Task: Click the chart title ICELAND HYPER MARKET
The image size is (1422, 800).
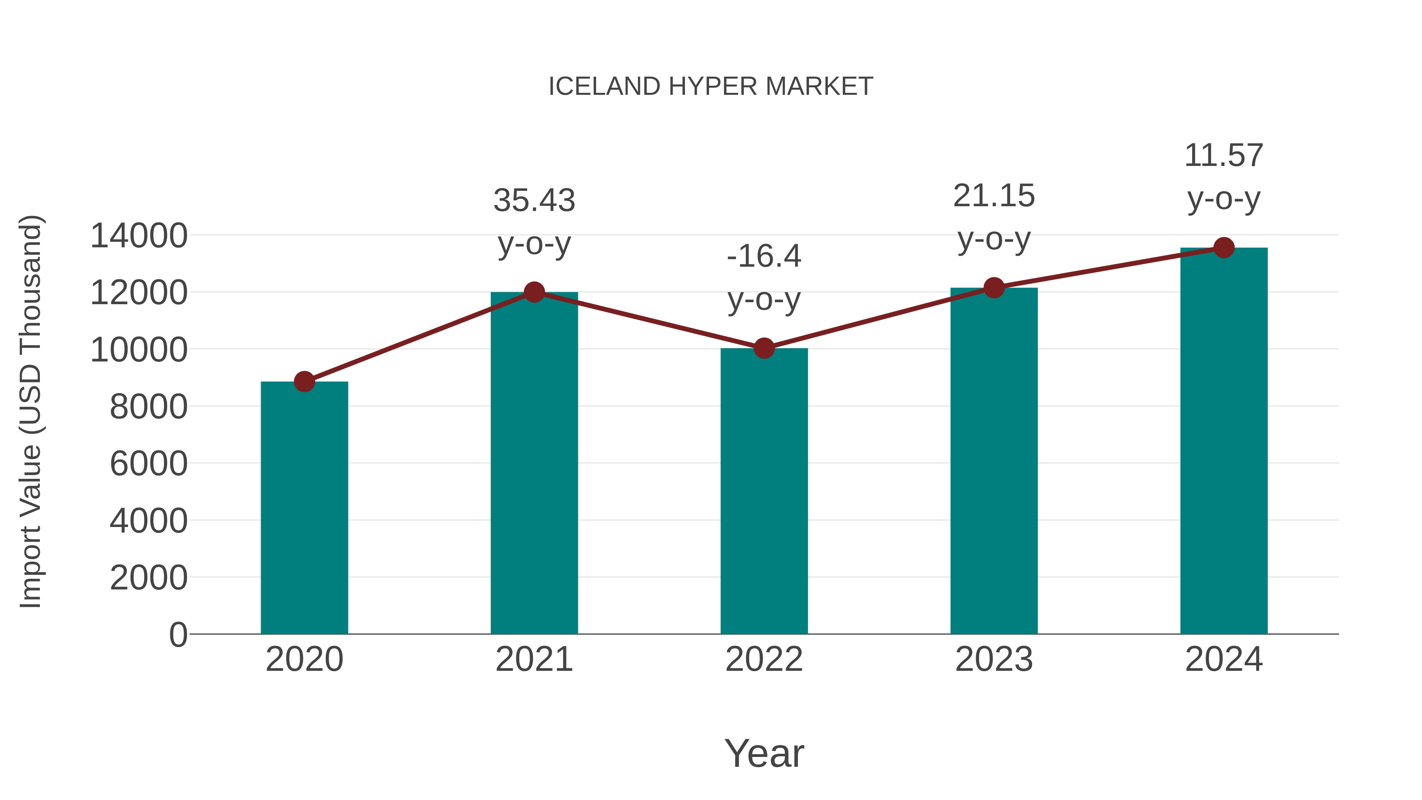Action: pyautogui.click(x=711, y=87)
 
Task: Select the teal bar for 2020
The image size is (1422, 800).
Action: pyautogui.click(x=304, y=508)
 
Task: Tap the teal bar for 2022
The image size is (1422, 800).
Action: pyautogui.click(x=764, y=491)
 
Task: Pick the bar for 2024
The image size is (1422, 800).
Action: pyautogui.click(x=1224, y=442)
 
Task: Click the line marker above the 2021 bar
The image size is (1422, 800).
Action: pyautogui.click(x=534, y=292)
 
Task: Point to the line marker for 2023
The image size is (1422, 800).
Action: pyautogui.click(x=994, y=288)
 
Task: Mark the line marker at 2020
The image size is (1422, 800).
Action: pyautogui.click(x=304, y=382)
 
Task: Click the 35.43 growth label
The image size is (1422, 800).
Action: pyautogui.click(x=534, y=200)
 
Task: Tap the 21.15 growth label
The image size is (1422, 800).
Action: pyautogui.click(x=994, y=196)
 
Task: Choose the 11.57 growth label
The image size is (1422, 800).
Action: pyautogui.click(x=1224, y=156)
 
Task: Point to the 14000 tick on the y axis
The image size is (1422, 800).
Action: pyautogui.click(x=139, y=236)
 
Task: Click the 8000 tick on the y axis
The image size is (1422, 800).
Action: pyautogui.click(x=149, y=407)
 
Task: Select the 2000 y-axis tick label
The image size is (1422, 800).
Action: pyautogui.click(x=149, y=578)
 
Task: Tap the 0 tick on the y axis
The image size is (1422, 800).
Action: pyautogui.click(x=178, y=635)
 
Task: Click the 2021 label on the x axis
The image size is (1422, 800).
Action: pyautogui.click(x=534, y=659)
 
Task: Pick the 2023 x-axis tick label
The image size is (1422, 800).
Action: pyautogui.click(x=994, y=659)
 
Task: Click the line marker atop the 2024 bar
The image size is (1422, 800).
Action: pyautogui.click(x=1224, y=248)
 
